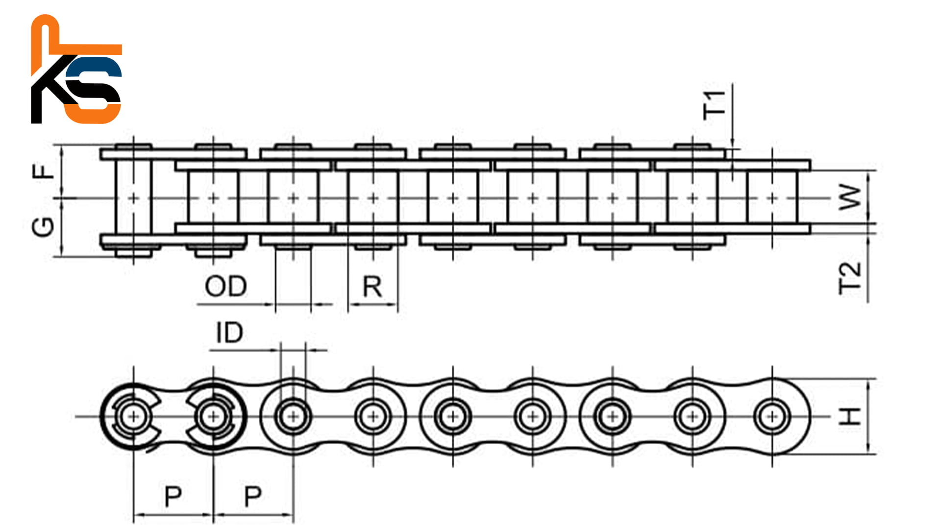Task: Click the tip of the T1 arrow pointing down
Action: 732,147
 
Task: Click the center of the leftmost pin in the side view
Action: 133,417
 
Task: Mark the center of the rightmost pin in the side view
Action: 772,417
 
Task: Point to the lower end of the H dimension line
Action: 868,454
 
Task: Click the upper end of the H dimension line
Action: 868,379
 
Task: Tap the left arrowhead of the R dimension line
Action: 349,304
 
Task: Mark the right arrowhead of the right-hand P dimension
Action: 292,515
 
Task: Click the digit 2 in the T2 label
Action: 850,269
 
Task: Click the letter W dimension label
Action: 851,198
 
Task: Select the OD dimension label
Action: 225,286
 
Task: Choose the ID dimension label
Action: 229,333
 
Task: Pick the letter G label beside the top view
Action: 43,226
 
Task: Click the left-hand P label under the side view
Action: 173,497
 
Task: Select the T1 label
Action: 714,105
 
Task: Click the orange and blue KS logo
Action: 76,69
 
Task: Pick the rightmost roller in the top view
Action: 772,198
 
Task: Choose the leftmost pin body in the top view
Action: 133,198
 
